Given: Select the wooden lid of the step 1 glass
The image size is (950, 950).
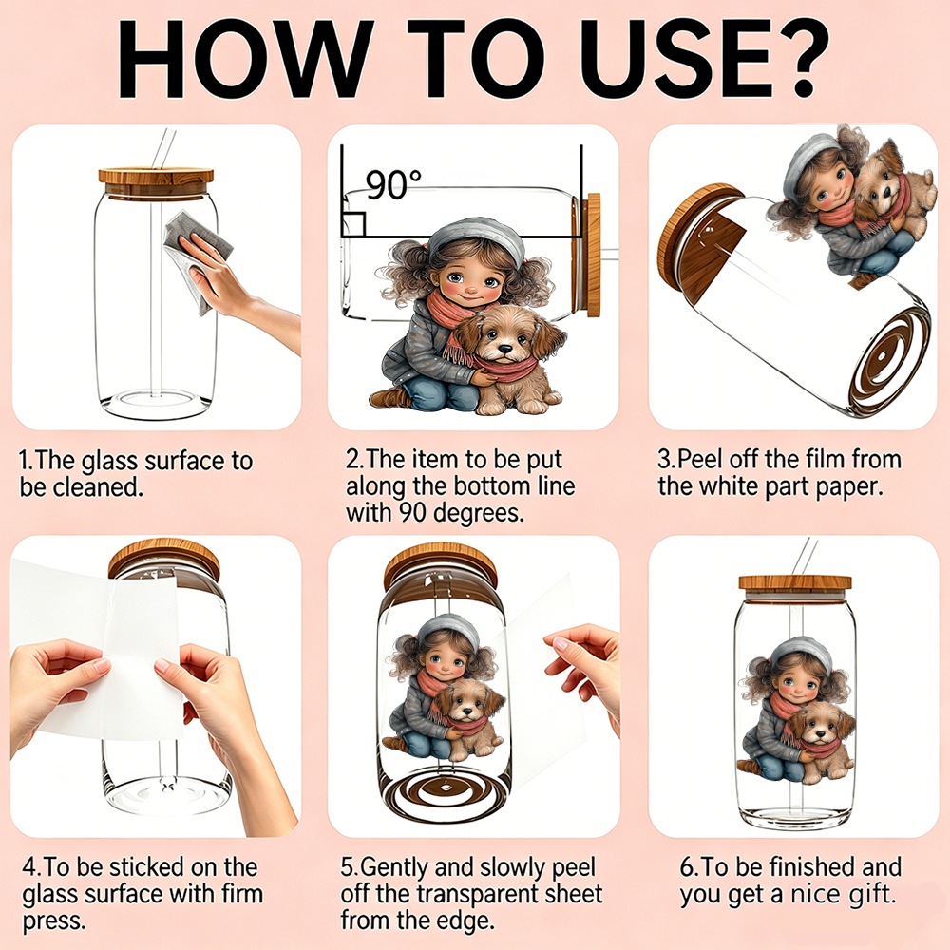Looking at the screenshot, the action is [x=156, y=183].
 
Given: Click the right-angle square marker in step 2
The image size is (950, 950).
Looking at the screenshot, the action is [x=352, y=224].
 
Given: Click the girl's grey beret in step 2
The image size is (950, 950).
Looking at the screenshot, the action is [x=476, y=239].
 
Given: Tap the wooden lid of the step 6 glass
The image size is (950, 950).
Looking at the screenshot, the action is [x=795, y=582].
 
